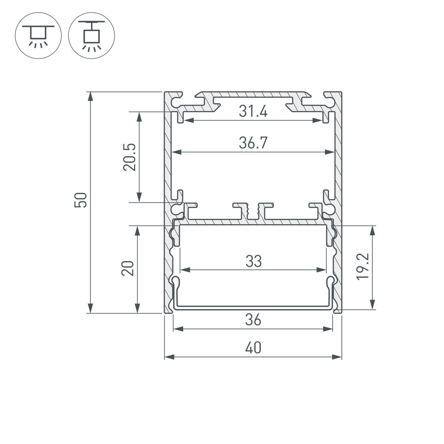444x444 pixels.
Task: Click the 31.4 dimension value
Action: (253, 111)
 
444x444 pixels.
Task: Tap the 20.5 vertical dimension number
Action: (130, 157)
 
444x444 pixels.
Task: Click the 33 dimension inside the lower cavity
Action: (253, 261)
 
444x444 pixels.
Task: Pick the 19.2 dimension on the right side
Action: (363, 266)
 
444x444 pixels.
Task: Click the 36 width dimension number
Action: (253, 320)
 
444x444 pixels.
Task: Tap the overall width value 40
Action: (253, 348)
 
